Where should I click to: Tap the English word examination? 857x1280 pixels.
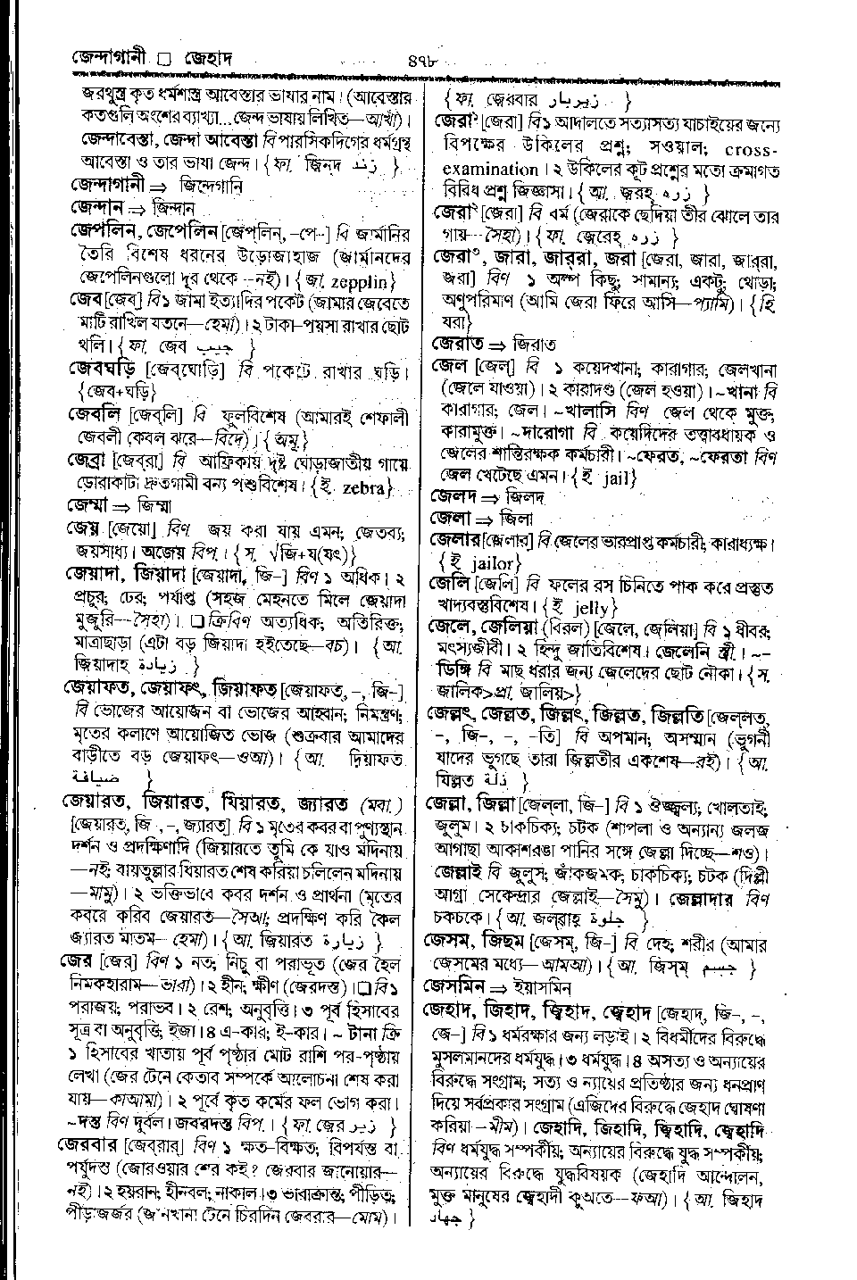click(491, 169)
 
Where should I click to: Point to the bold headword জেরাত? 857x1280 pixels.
click(457, 343)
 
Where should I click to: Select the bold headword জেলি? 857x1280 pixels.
click(449, 586)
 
